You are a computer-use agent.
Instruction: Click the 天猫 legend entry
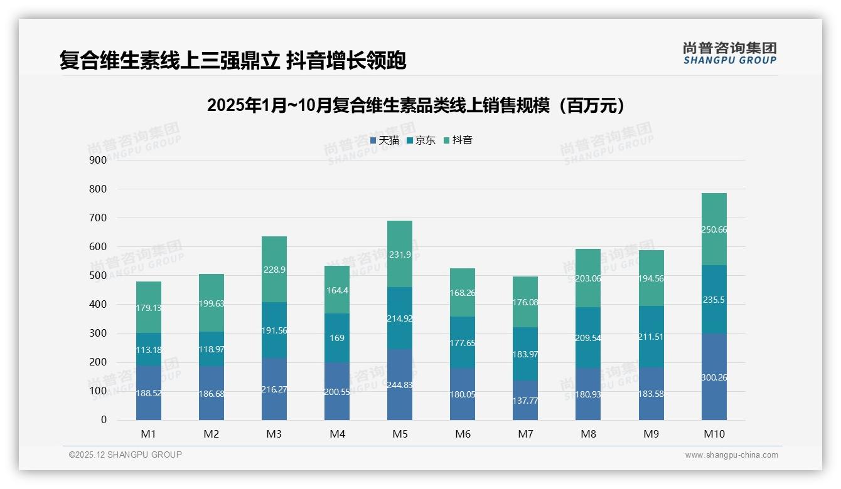tap(385, 140)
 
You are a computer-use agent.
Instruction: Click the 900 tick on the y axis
tap(98, 160)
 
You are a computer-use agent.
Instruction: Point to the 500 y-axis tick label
tap(98, 276)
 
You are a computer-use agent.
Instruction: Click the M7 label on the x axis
tap(525, 434)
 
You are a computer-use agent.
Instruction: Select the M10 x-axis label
tap(714, 434)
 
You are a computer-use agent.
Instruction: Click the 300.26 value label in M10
tap(714, 377)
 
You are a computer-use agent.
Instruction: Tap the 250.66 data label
tap(714, 230)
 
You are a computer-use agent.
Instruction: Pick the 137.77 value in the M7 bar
tap(525, 400)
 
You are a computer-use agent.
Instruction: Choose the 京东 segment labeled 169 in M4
tap(337, 338)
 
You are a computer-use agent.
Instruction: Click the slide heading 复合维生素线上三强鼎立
tap(233, 60)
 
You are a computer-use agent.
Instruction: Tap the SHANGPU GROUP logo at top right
tap(729, 53)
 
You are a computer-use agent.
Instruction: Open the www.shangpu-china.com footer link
tap(731, 455)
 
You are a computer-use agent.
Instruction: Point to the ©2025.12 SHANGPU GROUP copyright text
tap(126, 455)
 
